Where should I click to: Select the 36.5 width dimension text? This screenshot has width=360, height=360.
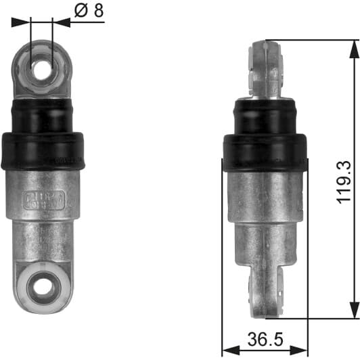[x=265, y=337]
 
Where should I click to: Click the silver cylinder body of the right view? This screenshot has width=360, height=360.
[x=265, y=217]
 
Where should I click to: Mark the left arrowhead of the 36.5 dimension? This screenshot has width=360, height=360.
[x=227, y=350]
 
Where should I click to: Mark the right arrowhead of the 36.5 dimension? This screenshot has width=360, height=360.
[x=302, y=350]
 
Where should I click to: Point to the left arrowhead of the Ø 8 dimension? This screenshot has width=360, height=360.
[x=26, y=22]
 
